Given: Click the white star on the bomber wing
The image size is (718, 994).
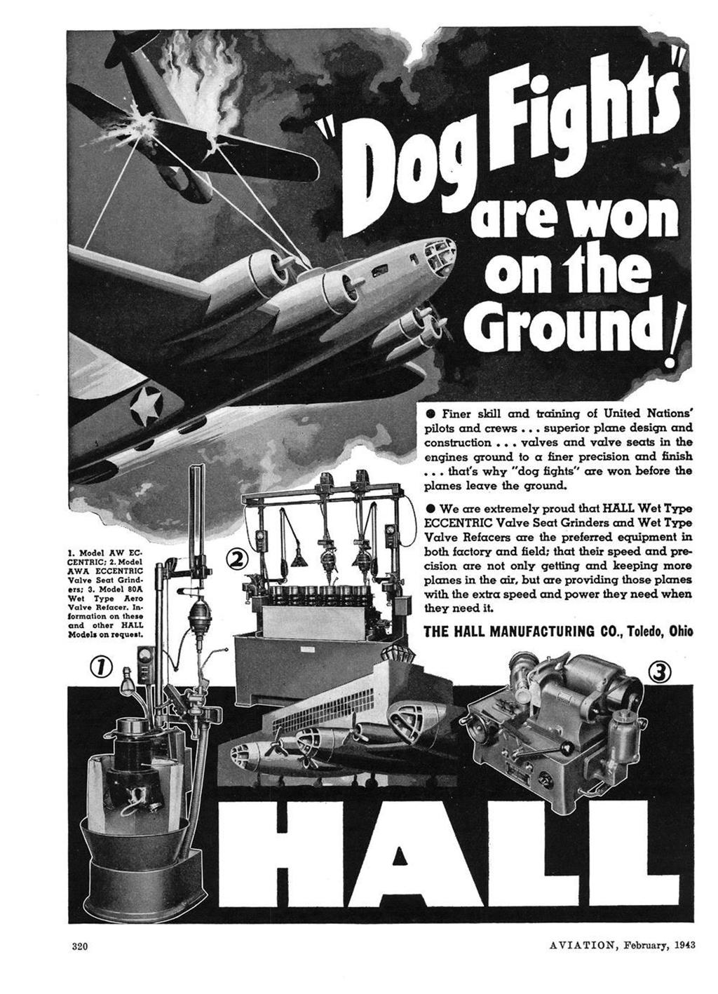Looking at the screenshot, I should tap(147, 407).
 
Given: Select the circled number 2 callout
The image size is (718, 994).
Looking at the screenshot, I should tap(237, 558).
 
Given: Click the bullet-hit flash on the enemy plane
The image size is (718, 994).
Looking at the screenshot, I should tap(150, 127).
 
